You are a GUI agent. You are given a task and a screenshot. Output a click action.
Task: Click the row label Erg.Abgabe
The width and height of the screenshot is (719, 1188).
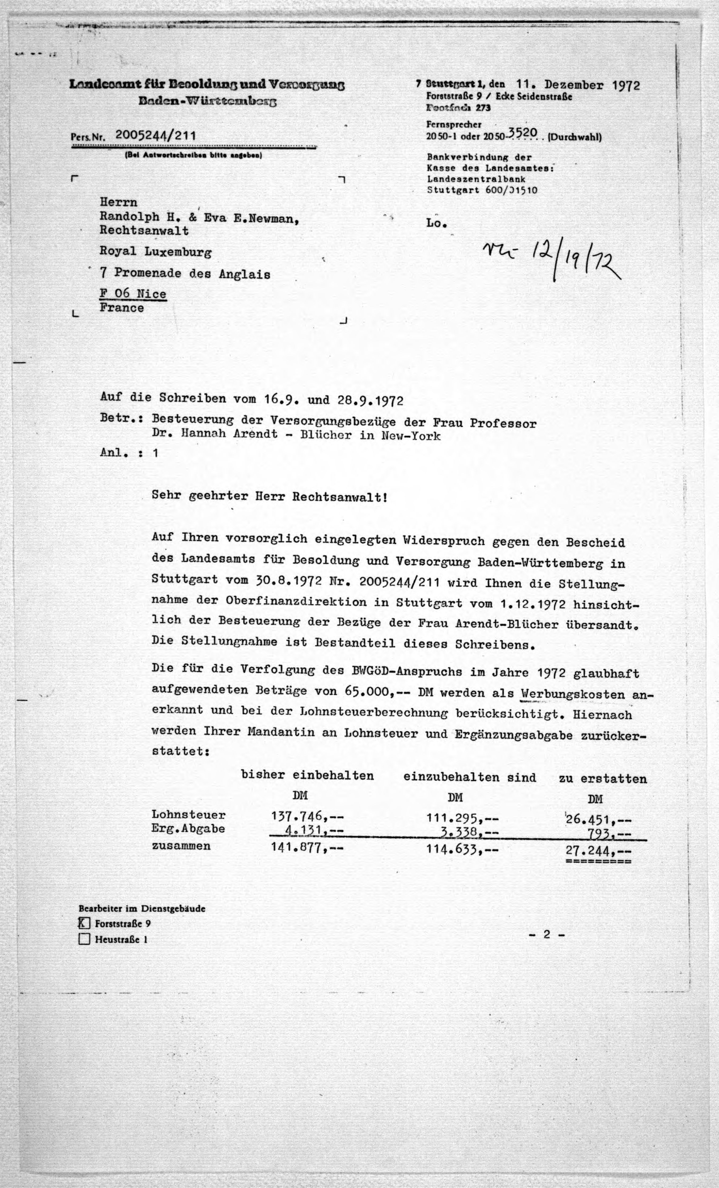click(x=188, y=829)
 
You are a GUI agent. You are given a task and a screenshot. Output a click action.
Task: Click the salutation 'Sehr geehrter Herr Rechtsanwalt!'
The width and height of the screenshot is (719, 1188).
click(x=269, y=496)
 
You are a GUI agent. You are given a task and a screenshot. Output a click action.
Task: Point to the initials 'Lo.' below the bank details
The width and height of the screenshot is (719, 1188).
click(x=436, y=223)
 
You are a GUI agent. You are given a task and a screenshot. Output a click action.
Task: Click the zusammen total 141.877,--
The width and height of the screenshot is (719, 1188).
click(x=308, y=848)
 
